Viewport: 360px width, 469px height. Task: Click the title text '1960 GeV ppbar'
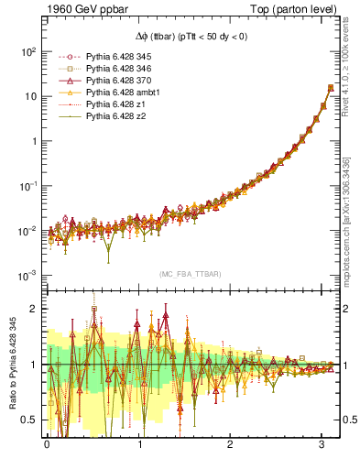pos(79,9)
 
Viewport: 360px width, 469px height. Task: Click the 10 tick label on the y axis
pos(29,96)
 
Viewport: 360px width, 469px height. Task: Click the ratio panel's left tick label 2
pos(34,309)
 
